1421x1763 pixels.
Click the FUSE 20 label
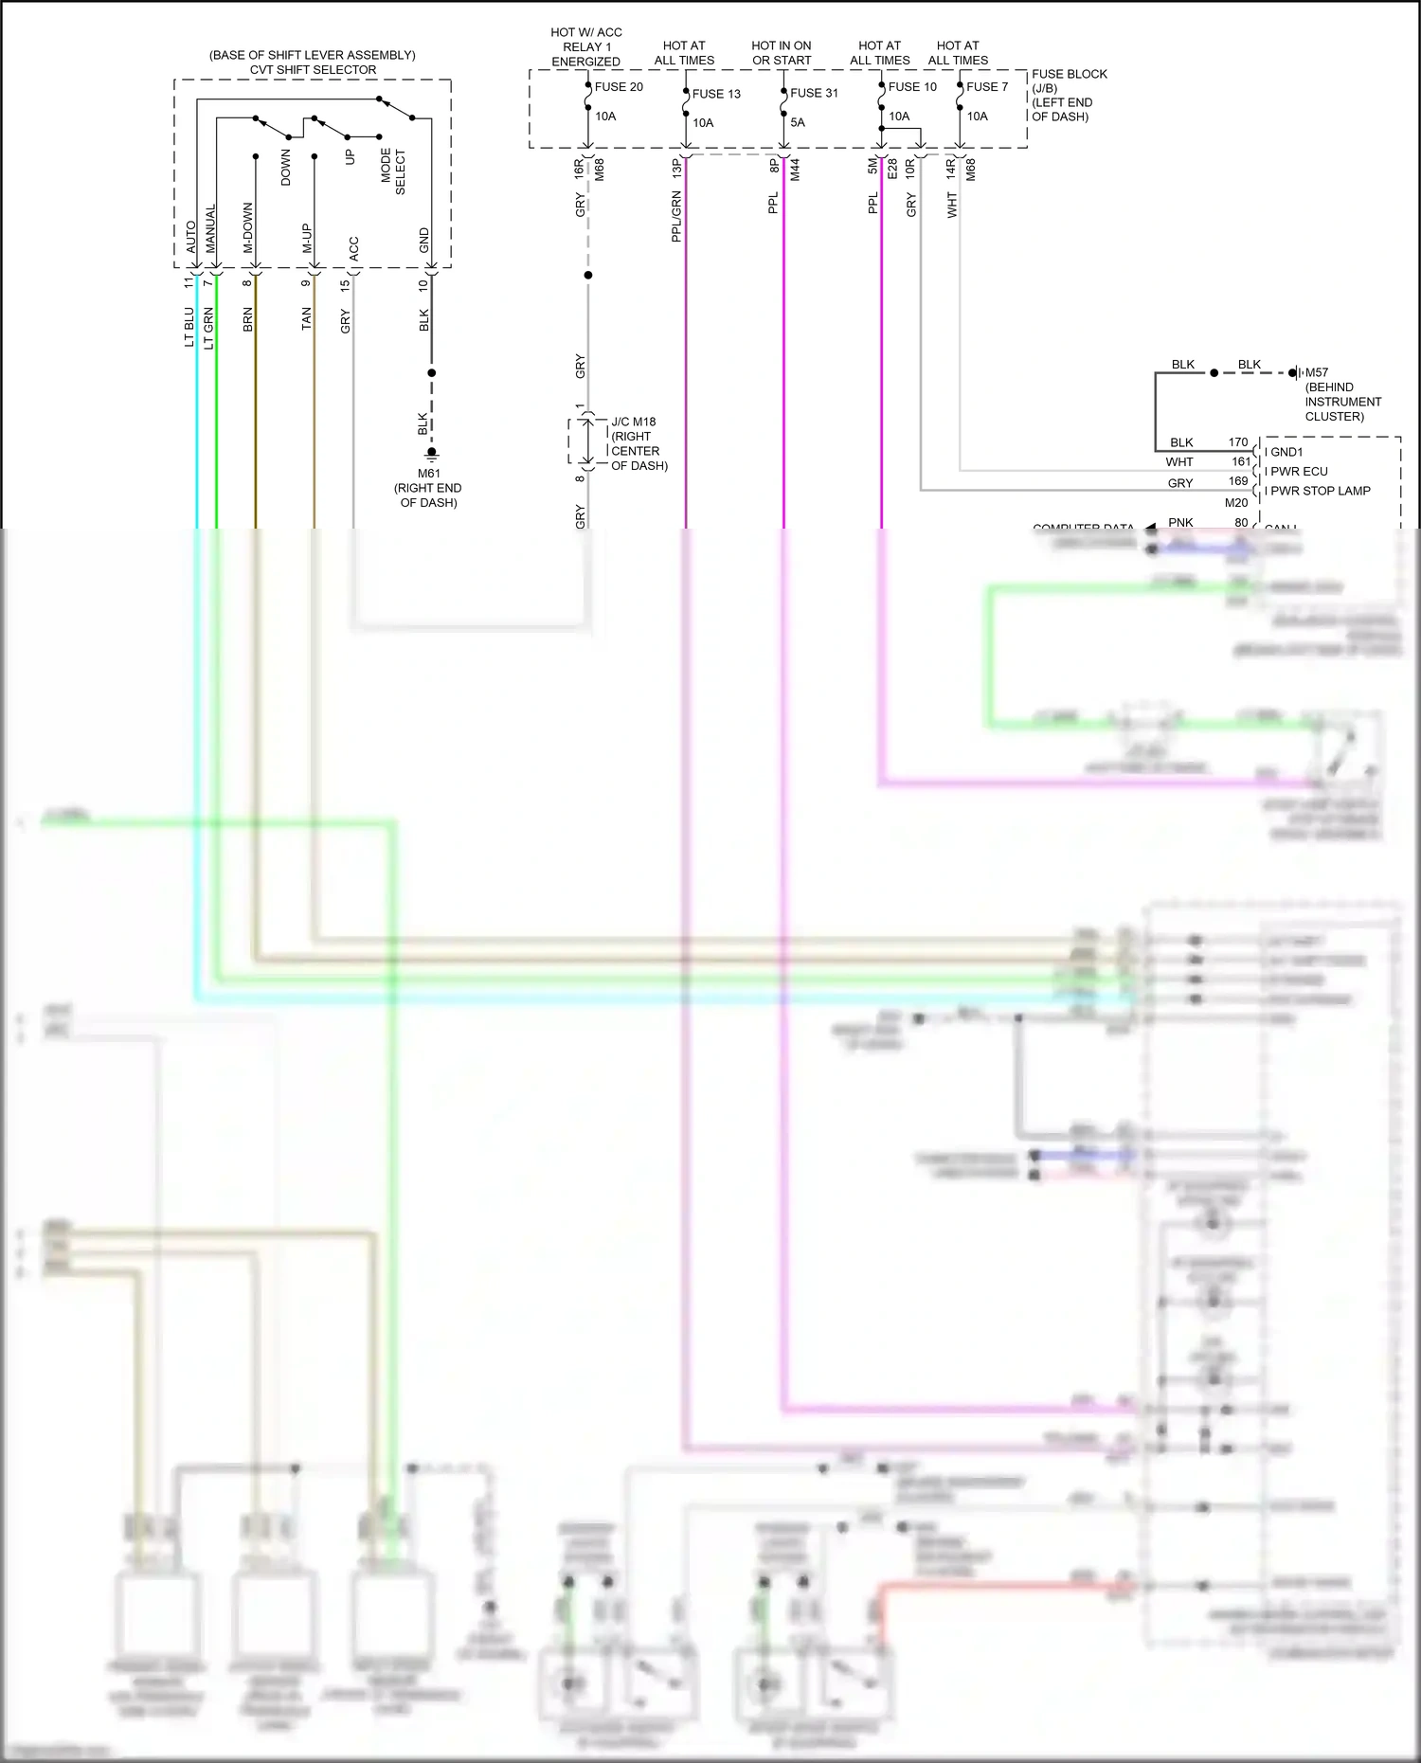point(619,87)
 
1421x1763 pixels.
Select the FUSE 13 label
point(716,94)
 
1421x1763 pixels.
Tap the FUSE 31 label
point(814,93)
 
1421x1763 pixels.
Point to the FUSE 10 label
point(912,87)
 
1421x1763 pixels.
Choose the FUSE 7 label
point(987,87)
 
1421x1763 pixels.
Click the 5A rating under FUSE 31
point(798,122)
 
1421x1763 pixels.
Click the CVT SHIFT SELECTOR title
point(313,70)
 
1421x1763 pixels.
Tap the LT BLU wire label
point(189,327)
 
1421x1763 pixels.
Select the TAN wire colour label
point(306,318)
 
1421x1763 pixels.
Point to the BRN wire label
point(248,319)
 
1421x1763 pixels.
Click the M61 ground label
point(428,474)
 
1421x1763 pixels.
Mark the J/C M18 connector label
point(633,423)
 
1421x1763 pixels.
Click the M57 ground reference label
point(1316,373)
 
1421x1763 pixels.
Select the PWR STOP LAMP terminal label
point(1320,491)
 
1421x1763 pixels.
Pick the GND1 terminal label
point(1286,452)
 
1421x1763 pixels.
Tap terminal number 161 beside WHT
point(1241,462)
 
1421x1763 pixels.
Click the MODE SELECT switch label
point(392,171)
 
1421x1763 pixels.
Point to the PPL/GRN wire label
point(676,217)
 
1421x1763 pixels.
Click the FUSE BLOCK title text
point(1069,74)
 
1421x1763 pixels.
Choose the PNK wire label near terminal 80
point(1180,523)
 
